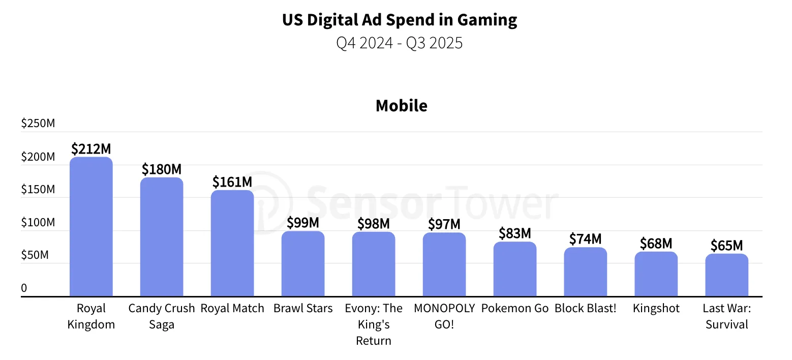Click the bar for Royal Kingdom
[91, 226]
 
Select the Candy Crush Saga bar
[162, 236]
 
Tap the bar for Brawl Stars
[303, 263]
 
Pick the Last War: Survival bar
[726, 275]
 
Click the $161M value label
[232, 182]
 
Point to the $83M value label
[514, 233]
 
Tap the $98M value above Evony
[373, 223]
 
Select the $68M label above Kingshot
[656, 244]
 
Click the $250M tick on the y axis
[38, 124]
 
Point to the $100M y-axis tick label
[38, 222]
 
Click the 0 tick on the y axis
[24, 288]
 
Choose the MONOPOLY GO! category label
[444, 316]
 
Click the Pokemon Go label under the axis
[515, 308]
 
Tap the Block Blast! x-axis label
[585, 308]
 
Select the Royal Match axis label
[232, 308]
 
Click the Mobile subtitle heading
[401, 105]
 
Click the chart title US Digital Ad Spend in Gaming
[400, 20]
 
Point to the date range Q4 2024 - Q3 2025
[400, 43]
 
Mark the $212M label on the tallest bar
[91, 148]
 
